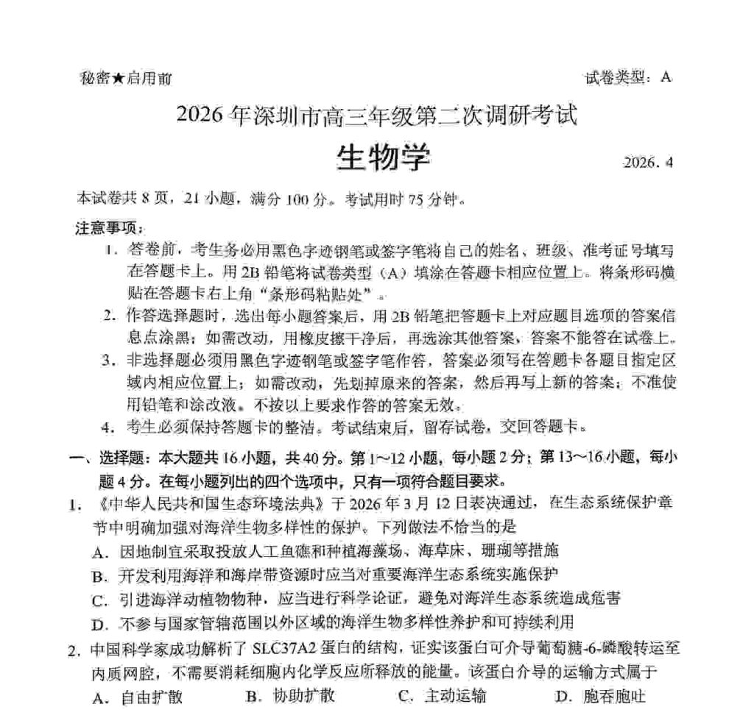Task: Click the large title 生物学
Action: (x=383, y=156)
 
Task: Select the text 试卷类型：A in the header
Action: (x=628, y=77)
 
